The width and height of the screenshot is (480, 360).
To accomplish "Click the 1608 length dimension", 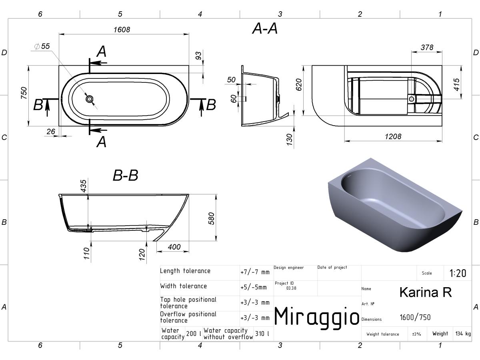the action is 122,30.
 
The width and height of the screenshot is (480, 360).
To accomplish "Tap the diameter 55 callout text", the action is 42,46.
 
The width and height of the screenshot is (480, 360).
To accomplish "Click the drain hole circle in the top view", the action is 90,99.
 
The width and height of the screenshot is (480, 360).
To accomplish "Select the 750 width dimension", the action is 24,93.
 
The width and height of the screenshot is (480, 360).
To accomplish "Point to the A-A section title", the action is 265,28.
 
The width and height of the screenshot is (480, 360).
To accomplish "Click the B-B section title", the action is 126,175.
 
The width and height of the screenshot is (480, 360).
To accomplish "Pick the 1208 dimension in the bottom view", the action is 393,137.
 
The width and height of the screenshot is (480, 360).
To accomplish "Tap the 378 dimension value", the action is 427,47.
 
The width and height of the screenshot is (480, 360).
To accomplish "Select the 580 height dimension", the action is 212,218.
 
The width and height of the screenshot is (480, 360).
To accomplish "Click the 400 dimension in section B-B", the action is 174,247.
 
